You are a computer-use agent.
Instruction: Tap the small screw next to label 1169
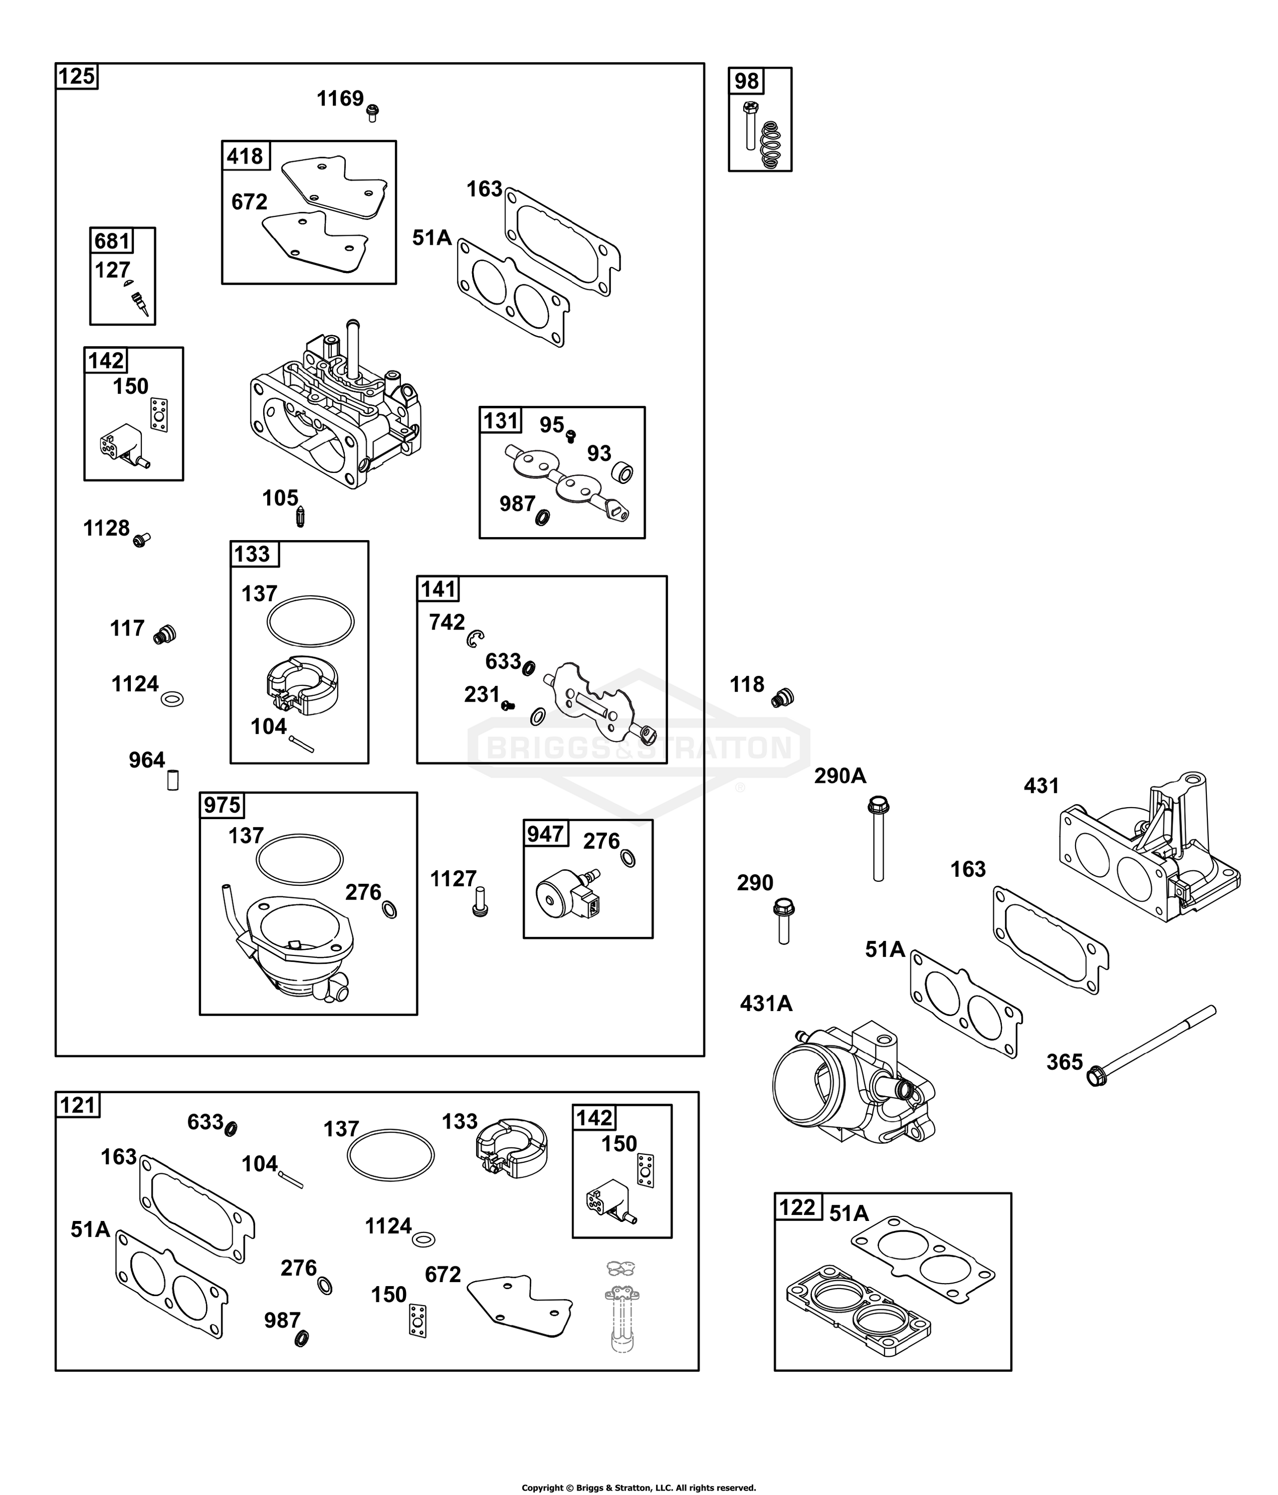(373, 112)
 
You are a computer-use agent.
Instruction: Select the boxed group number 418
(245, 155)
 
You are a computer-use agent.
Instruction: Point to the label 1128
(106, 528)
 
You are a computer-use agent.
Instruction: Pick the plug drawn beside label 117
(165, 634)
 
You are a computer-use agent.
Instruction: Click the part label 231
(482, 694)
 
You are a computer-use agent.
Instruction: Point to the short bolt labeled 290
(784, 921)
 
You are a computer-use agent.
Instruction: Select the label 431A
(766, 1003)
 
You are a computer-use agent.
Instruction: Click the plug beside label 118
(782, 698)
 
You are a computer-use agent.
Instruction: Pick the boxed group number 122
(796, 1207)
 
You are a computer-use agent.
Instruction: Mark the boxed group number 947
(545, 834)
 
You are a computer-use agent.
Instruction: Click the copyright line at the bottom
(639, 1487)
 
